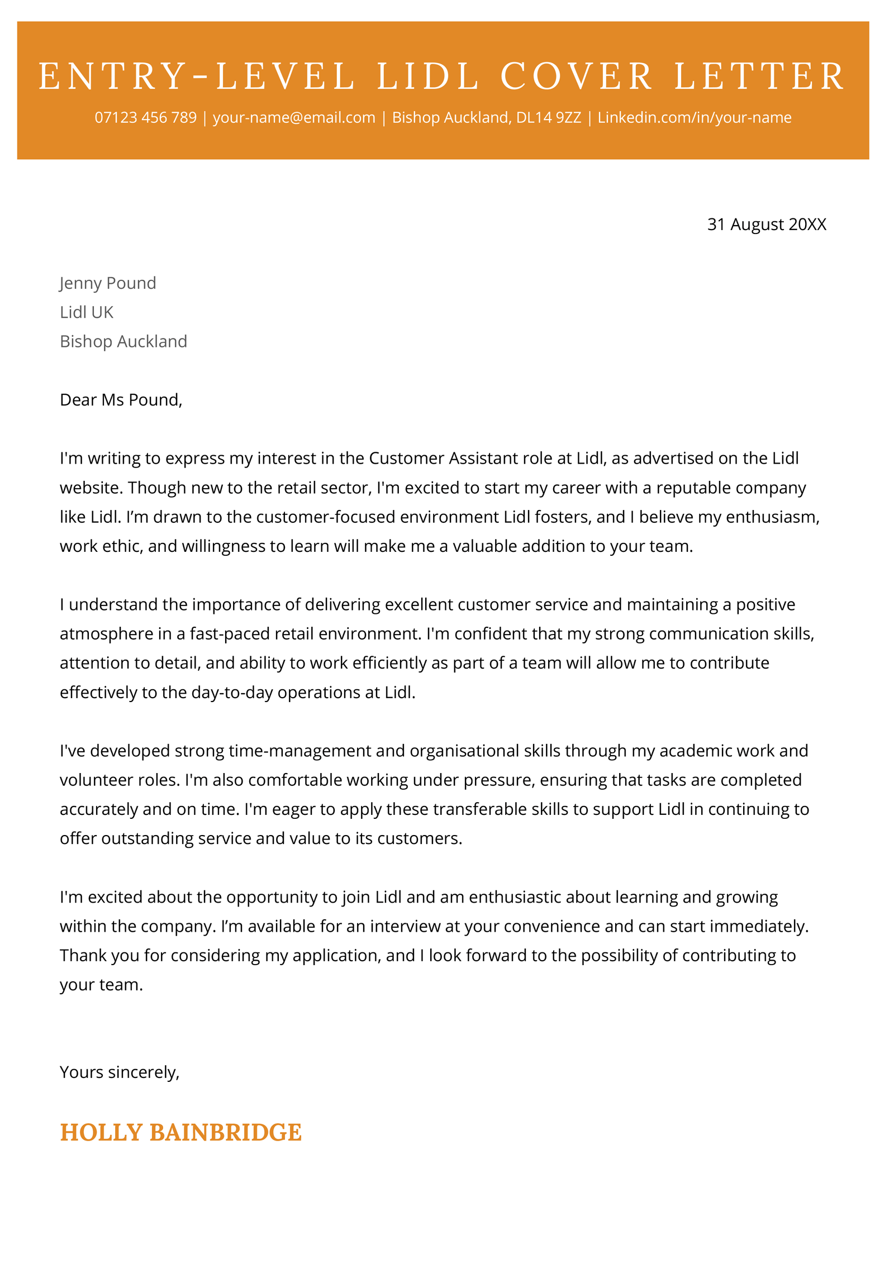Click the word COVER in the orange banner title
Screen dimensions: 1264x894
[576, 77]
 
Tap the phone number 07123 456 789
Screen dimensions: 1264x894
[145, 118]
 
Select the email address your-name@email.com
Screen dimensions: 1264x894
[294, 118]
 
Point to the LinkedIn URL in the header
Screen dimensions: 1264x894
[694, 118]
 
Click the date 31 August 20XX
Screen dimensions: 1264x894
[766, 225]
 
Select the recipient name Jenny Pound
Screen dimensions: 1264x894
[108, 283]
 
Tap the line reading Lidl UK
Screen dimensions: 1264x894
[87, 312]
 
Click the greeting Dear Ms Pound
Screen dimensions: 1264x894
[121, 400]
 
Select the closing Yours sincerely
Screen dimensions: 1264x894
[120, 1072]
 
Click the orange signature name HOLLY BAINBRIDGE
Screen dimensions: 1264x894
[180, 1133]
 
